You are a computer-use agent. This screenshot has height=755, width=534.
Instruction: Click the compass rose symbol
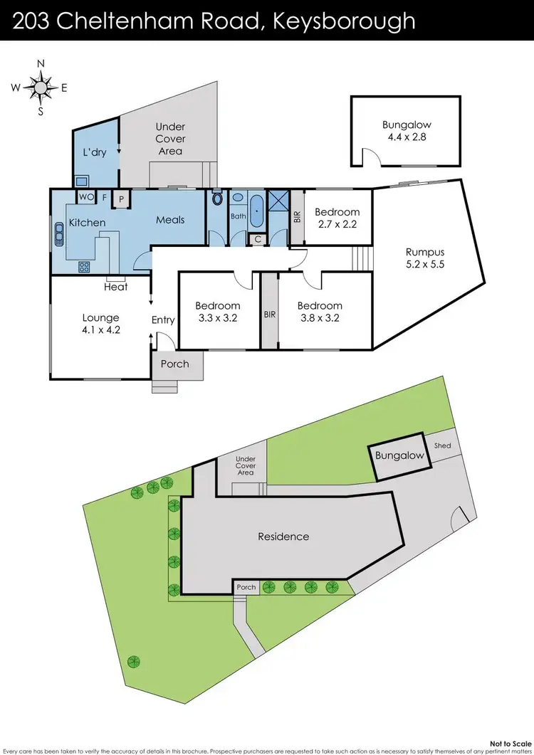pos(41,88)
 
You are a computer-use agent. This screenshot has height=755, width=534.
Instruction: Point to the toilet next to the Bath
pos(217,200)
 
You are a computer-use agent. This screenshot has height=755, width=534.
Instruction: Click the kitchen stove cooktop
pos(84,268)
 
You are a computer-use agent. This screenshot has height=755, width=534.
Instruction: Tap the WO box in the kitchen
pos(85,196)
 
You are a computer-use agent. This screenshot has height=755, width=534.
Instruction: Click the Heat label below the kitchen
pos(116,287)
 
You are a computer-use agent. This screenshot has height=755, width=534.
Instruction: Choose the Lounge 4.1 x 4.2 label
pos(100,324)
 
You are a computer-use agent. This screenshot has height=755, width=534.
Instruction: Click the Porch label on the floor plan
pos(175,364)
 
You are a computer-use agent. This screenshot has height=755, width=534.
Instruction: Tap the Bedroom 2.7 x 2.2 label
pos(337,218)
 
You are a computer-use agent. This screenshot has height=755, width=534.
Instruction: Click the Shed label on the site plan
pos(442,446)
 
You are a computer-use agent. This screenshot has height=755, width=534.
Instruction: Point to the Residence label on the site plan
pos(283,537)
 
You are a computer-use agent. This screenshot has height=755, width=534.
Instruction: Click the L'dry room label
pos(95,152)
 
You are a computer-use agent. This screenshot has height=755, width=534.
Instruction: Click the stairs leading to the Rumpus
pos(362,257)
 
